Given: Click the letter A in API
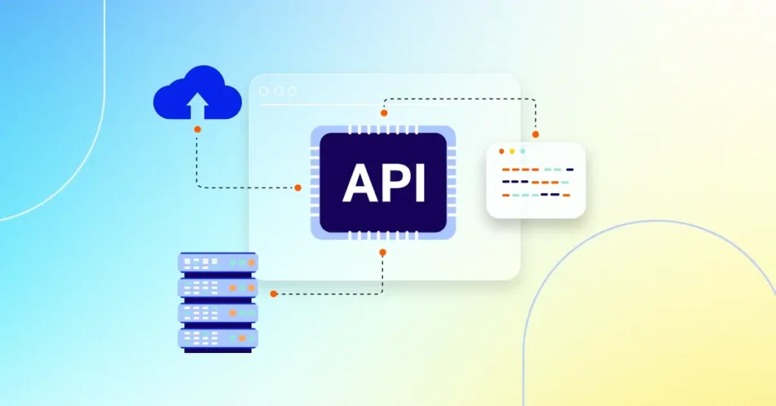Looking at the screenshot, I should point(358,183).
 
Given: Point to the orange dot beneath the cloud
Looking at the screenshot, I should point(197,130).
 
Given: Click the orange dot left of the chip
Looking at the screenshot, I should point(298,187).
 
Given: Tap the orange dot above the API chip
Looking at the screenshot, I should point(383,113).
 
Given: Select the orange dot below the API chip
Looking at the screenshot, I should point(383,252).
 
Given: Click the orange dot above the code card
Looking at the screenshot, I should point(535,134).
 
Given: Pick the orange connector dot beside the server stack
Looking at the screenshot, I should point(273,293).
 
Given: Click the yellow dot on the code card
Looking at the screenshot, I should point(512,151).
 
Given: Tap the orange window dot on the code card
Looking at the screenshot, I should point(501,151).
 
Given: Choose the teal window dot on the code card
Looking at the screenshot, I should point(522,151).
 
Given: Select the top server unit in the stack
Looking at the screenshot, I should point(217,262).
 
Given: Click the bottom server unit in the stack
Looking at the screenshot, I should point(217,337).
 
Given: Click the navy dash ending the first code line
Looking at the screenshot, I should point(570,170).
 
